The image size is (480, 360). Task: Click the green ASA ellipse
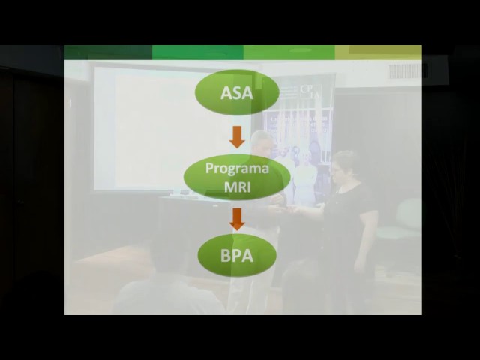(237, 92)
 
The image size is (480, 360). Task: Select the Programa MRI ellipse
(237, 177)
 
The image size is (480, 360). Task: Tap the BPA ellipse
(237, 255)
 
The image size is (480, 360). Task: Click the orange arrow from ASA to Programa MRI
(237, 137)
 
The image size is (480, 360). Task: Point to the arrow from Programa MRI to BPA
(237, 219)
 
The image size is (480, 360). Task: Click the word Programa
(237, 169)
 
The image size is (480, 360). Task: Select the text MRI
(237, 187)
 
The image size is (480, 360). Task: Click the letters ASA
(237, 93)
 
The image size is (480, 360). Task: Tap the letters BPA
(237, 256)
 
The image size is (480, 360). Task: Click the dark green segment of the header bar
(108, 52)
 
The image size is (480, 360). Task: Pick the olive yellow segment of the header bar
(378, 52)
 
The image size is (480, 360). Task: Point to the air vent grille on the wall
(408, 71)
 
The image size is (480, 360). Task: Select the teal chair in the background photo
(401, 220)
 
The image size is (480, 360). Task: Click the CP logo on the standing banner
(310, 91)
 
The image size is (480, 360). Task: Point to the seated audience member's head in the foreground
(166, 256)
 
